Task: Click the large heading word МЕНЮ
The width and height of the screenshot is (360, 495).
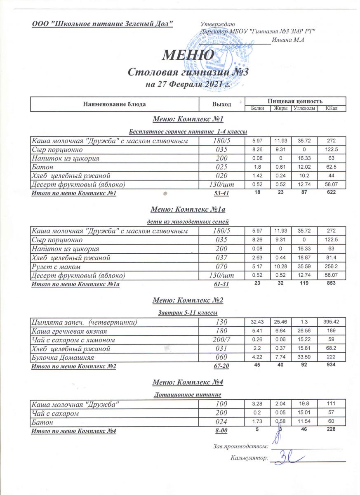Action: tap(188, 54)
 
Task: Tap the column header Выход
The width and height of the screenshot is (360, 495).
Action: tap(221, 104)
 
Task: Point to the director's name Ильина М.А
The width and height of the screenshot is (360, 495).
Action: tap(288, 40)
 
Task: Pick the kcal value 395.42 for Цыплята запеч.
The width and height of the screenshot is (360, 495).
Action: tap(332, 321)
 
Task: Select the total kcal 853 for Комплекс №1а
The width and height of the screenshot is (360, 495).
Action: tap(332, 283)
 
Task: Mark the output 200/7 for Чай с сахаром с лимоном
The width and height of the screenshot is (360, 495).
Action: tap(221, 340)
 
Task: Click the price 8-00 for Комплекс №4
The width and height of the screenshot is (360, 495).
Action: tap(221, 431)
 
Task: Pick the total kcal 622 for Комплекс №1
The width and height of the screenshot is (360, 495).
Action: tap(332, 192)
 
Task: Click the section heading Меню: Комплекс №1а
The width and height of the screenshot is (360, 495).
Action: tap(188, 210)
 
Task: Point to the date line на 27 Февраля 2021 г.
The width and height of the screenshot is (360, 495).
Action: tap(188, 85)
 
